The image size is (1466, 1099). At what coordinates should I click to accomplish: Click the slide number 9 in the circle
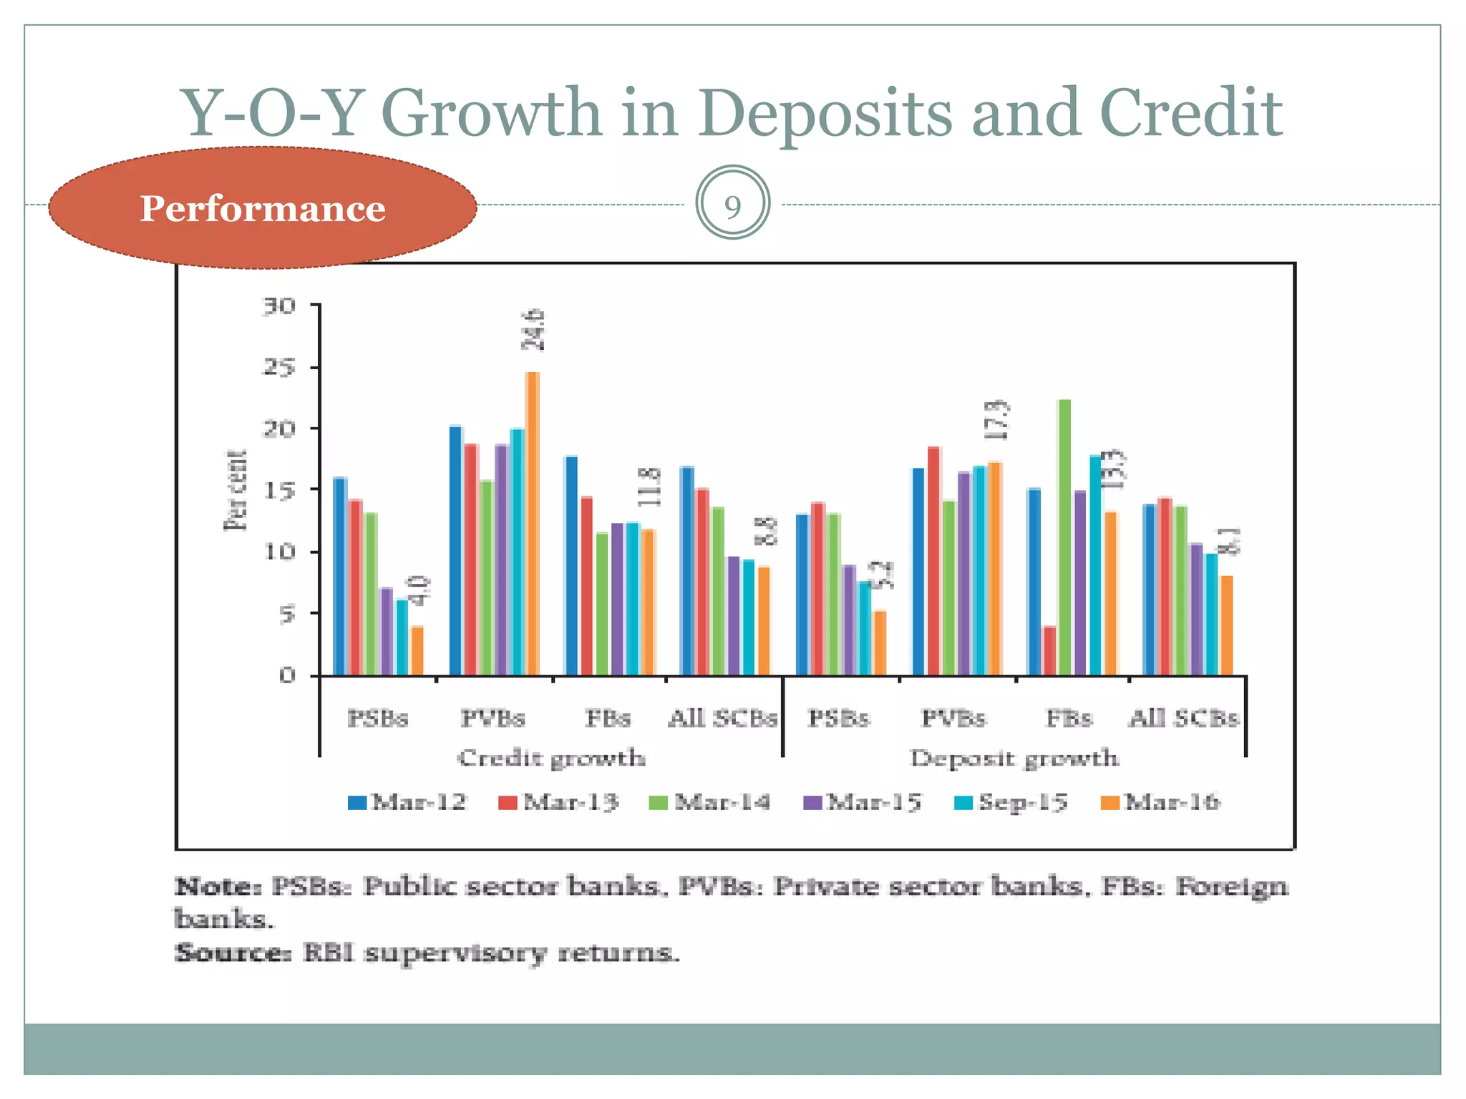point(732,207)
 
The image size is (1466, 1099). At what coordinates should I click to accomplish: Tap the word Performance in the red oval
point(262,208)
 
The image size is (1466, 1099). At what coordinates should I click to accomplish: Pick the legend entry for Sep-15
point(1011,802)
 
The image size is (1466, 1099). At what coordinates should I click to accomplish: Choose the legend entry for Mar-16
point(1160,802)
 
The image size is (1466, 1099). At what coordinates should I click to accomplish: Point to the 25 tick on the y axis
point(280,368)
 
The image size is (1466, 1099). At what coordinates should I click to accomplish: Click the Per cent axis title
point(236,491)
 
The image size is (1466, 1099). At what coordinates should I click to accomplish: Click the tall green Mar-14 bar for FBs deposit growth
point(1064,537)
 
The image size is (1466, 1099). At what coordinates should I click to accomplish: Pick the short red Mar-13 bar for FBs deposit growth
point(1049,650)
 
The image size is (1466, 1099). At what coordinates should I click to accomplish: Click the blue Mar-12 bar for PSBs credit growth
point(340,576)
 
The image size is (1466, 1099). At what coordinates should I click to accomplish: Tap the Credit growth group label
point(551,758)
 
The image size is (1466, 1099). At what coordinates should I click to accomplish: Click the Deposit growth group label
point(1014,758)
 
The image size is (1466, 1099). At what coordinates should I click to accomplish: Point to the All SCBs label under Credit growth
point(722,718)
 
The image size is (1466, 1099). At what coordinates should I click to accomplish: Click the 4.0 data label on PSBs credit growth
point(420,591)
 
